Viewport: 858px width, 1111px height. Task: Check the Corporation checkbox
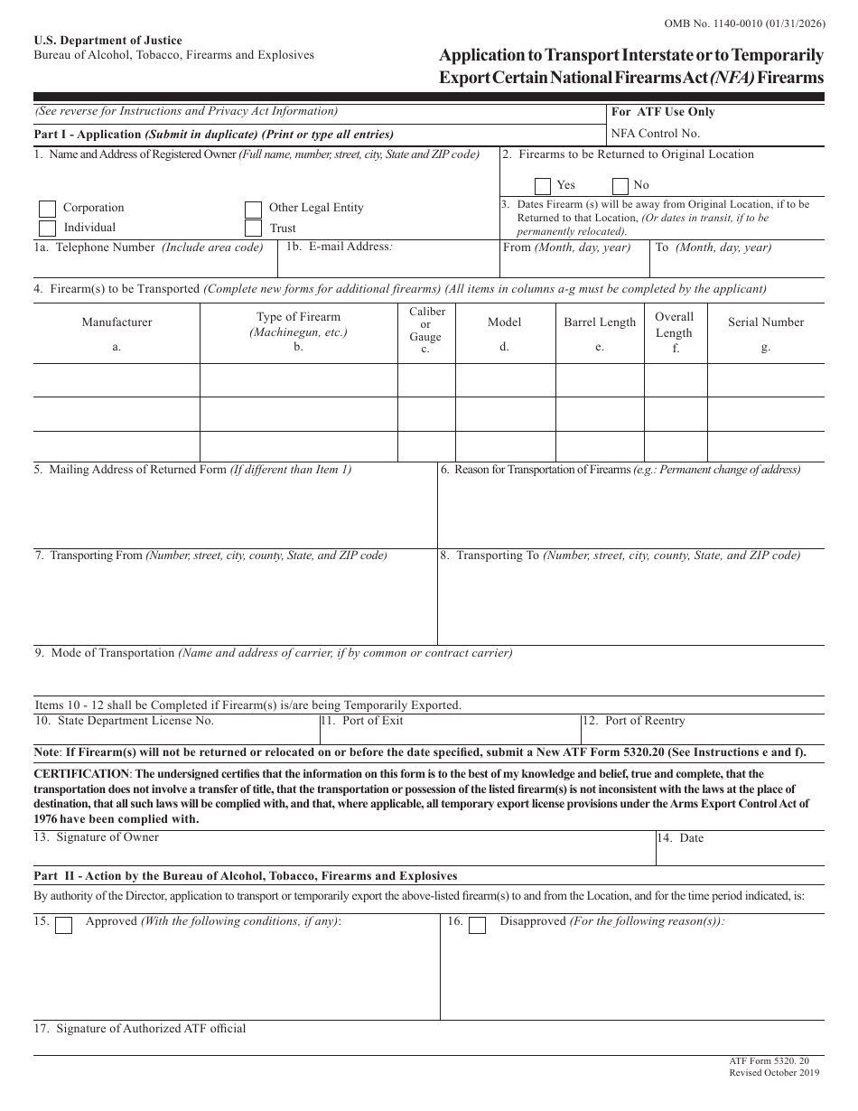click(x=48, y=209)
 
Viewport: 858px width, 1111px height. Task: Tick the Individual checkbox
click(x=48, y=229)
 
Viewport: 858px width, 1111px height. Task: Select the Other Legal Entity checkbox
click(x=254, y=209)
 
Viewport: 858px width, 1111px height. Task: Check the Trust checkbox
click(x=254, y=229)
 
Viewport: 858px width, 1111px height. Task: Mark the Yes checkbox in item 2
click(x=543, y=186)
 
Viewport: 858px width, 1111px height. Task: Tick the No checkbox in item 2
click(x=620, y=186)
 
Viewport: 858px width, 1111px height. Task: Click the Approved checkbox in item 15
click(x=64, y=924)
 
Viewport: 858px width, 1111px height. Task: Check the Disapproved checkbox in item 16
click(x=478, y=924)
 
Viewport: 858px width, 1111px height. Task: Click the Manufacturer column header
click(x=117, y=322)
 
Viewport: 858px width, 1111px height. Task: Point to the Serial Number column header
click(x=766, y=322)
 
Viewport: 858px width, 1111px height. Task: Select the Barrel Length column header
click(x=600, y=322)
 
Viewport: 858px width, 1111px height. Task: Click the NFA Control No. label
click(x=656, y=134)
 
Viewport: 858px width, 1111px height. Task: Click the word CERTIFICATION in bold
click(x=81, y=774)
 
